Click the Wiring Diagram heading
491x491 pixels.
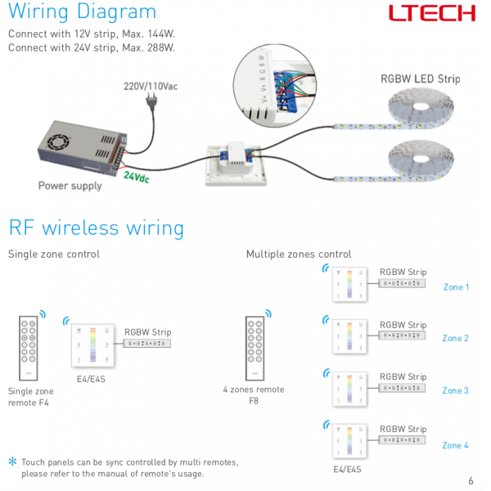coord(82,12)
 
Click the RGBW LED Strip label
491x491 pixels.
coord(420,79)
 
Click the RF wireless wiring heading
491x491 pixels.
coord(96,227)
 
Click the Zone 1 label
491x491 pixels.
coord(456,287)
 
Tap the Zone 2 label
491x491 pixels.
coord(456,338)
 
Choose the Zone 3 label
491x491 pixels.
coord(456,390)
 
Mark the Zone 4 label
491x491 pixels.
coord(456,445)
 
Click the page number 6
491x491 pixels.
coord(471,480)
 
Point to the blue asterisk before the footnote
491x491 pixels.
coord(12,462)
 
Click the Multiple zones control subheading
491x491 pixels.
coord(299,255)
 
